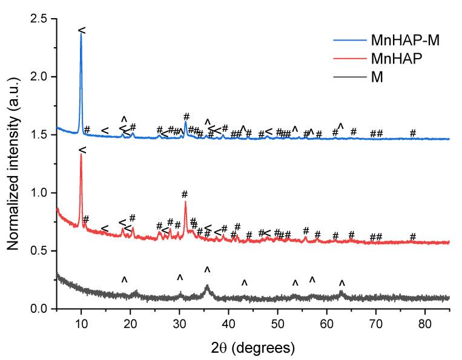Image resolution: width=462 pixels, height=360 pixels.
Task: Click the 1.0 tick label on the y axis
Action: tap(41, 193)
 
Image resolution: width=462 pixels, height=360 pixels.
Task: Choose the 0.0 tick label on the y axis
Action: tap(41, 309)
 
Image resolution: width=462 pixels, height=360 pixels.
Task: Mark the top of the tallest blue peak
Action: tap(81, 33)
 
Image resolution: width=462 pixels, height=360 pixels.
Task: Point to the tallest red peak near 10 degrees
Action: tap(81, 154)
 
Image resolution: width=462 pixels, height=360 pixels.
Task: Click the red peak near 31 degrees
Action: tap(185, 202)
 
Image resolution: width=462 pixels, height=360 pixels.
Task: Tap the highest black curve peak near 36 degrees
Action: tap(207, 286)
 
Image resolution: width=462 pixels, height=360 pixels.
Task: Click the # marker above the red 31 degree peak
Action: tap(185, 194)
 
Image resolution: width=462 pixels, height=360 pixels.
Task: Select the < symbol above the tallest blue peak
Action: tap(82, 30)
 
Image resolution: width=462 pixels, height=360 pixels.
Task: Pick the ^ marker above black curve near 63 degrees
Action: tap(342, 283)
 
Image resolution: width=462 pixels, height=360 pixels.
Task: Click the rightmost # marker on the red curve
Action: tap(413, 236)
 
